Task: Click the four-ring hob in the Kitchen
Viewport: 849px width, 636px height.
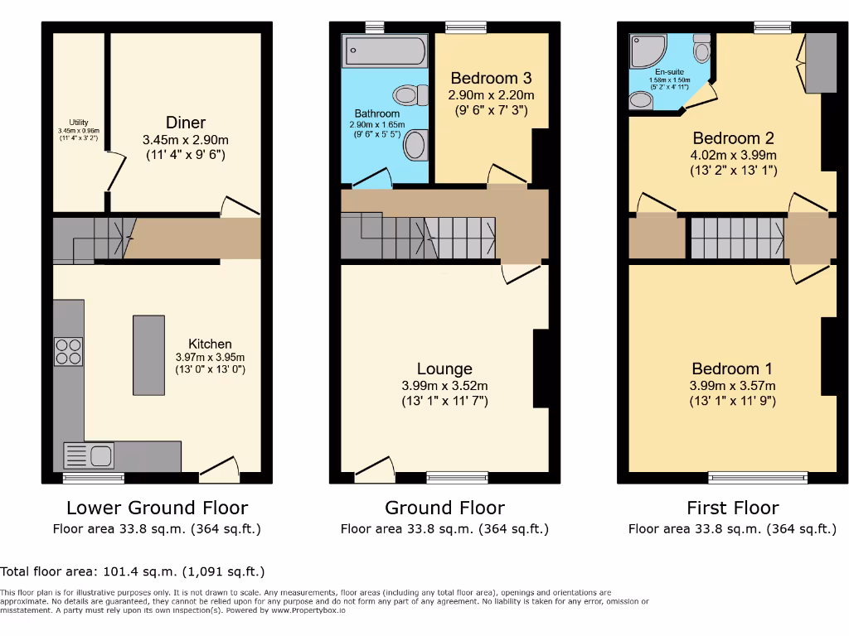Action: (69, 353)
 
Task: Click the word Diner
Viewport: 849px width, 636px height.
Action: (186, 123)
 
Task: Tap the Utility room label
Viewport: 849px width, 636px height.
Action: (79, 123)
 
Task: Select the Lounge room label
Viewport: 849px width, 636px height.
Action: (444, 369)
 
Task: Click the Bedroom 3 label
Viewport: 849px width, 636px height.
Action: (491, 78)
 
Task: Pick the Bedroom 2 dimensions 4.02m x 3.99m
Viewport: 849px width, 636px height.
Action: (734, 155)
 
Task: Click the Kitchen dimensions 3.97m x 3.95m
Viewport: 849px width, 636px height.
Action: (210, 357)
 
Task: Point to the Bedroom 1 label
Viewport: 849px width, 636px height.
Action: (725, 369)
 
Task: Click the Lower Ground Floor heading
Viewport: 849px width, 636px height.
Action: (157, 508)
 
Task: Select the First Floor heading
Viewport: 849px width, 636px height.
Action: (732, 508)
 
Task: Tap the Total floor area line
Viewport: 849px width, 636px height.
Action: (133, 571)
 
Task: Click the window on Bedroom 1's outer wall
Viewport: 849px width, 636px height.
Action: (758, 478)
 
